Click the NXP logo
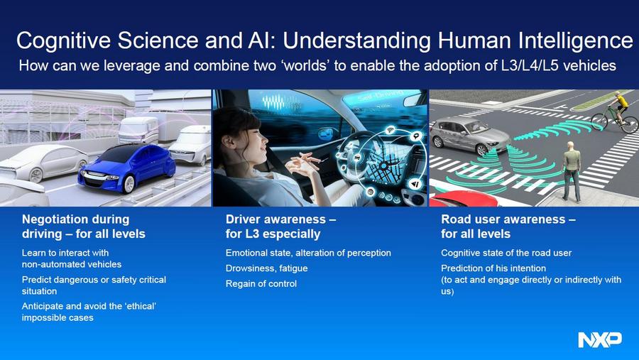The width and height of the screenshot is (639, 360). click(600, 339)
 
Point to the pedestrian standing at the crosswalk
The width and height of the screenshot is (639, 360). click(572, 172)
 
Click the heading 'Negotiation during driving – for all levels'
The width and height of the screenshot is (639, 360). click(84, 227)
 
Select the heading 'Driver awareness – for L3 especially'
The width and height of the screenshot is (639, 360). click(280, 227)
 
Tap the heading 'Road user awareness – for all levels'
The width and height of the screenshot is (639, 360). click(508, 227)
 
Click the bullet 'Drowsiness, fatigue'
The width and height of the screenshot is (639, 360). click(266, 268)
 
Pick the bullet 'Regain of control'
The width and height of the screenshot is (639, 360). click(261, 284)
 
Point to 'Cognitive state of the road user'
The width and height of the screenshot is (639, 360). click(506, 253)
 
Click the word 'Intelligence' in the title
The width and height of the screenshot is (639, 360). click(575, 40)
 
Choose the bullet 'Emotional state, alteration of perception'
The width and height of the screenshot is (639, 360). click(308, 253)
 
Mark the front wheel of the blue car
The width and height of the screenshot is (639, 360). click(129, 185)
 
